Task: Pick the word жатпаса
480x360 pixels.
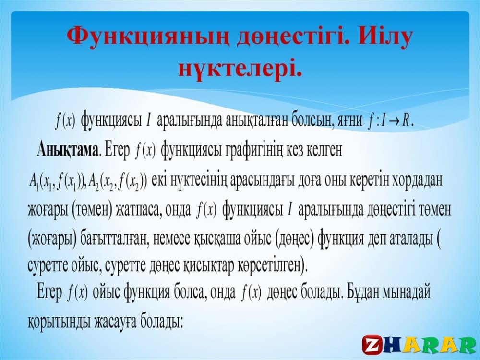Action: (x=139, y=210)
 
